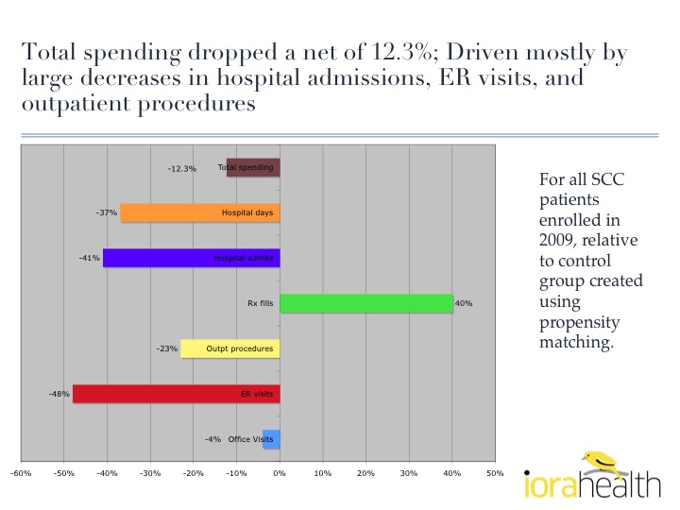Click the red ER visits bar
(x=176, y=393)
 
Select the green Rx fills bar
(x=366, y=303)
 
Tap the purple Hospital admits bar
(x=191, y=258)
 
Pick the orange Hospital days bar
(x=199, y=212)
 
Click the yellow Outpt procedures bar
(x=229, y=348)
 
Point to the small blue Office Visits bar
(x=271, y=438)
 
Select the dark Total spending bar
(x=253, y=168)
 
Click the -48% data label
(x=60, y=394)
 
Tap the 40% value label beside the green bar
(x=464, y=304)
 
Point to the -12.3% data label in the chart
(x=181, y=169)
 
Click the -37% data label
(x=107, y=213)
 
